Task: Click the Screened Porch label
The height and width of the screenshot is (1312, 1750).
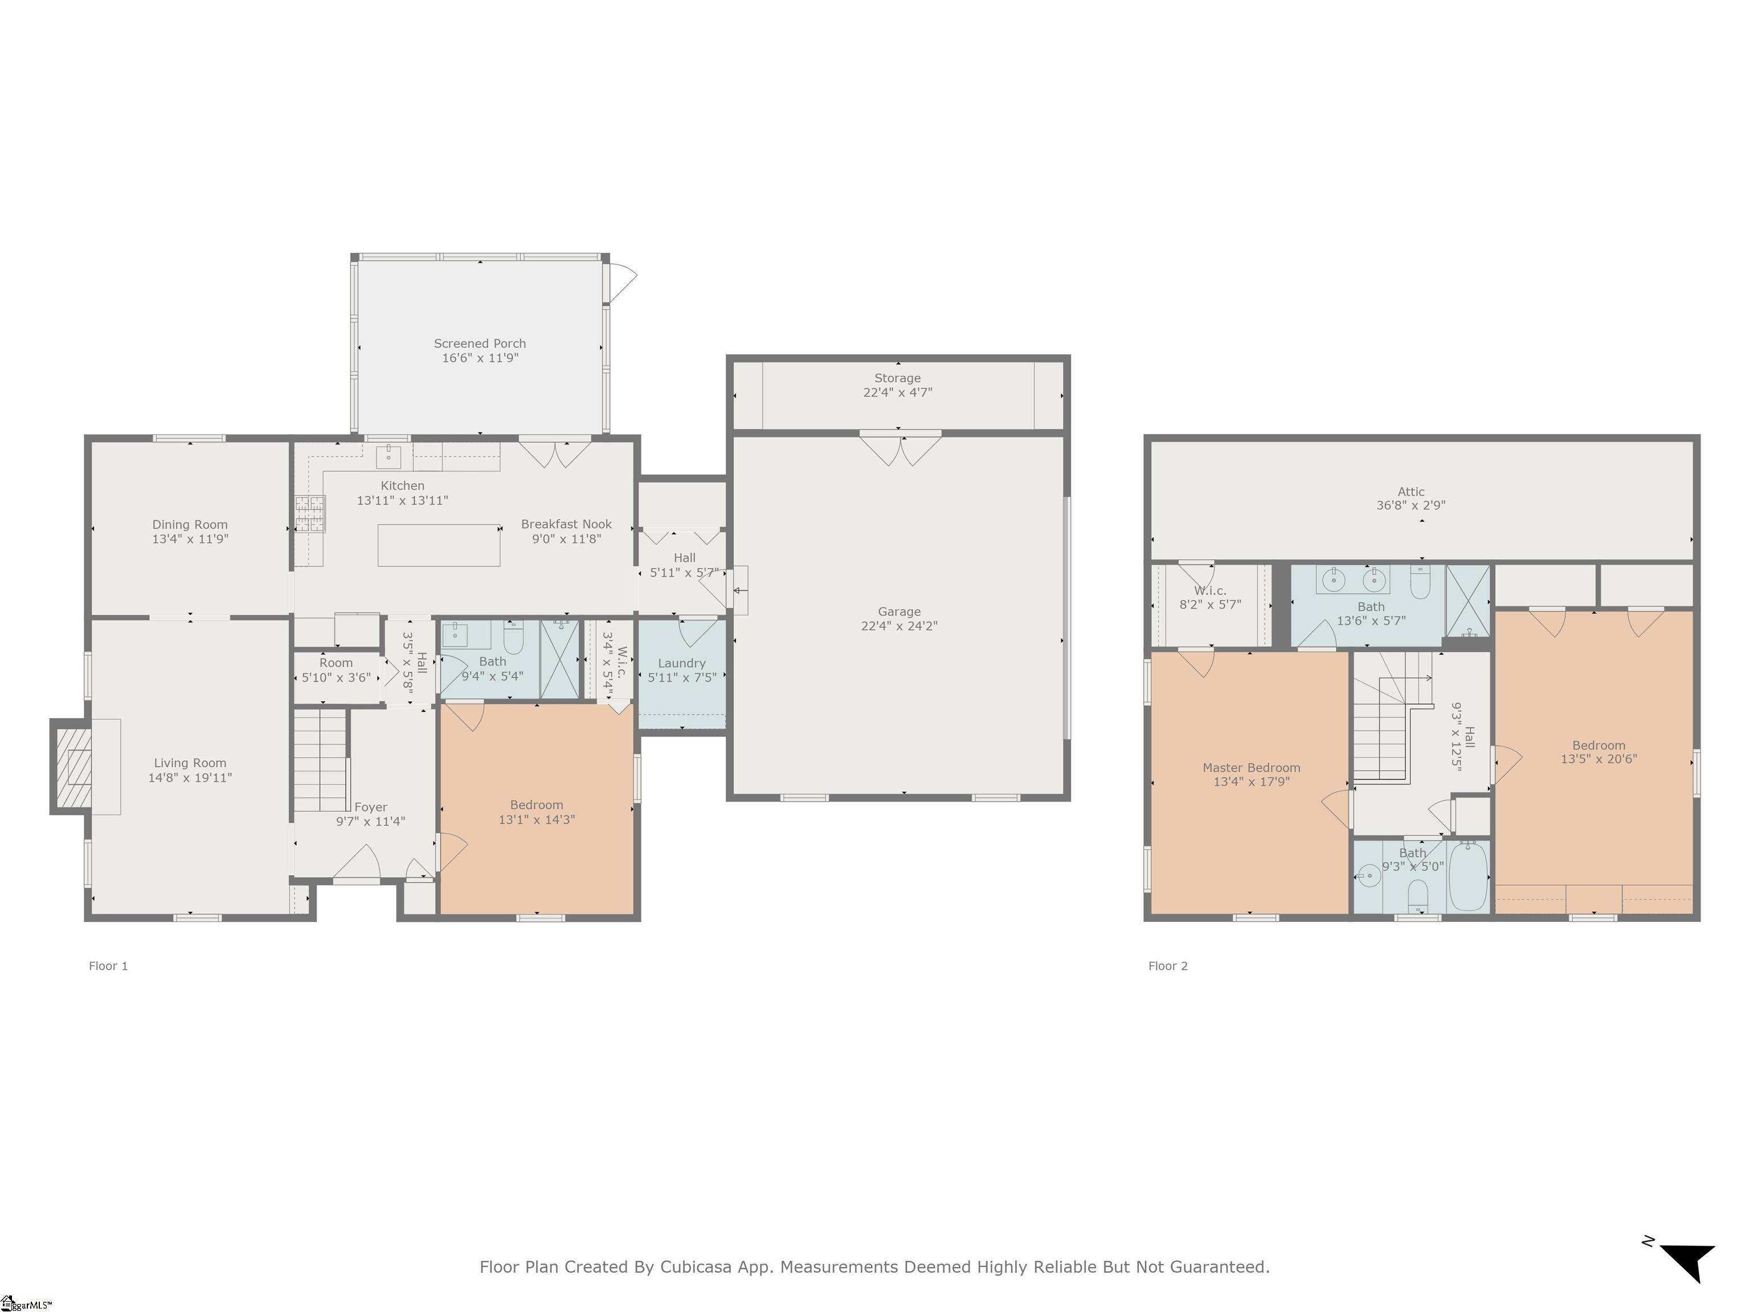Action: pos(480,343)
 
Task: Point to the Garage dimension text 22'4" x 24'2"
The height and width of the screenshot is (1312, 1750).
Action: pos(899,626)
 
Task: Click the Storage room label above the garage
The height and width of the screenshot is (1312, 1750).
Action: pos(897,378)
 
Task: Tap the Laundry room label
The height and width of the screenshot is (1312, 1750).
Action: pos(681,663)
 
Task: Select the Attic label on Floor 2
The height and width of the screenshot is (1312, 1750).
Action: pos(1410,491)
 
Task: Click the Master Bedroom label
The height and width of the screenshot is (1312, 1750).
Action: pos(1251,767)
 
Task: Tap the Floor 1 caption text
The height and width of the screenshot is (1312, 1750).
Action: pos(108,966)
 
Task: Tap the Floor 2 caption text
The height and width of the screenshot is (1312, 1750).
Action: pos(1168,966)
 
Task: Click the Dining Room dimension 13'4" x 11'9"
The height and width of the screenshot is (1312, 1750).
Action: pos(190,539)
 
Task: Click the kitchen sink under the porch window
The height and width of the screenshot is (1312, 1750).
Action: pos(389,456)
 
